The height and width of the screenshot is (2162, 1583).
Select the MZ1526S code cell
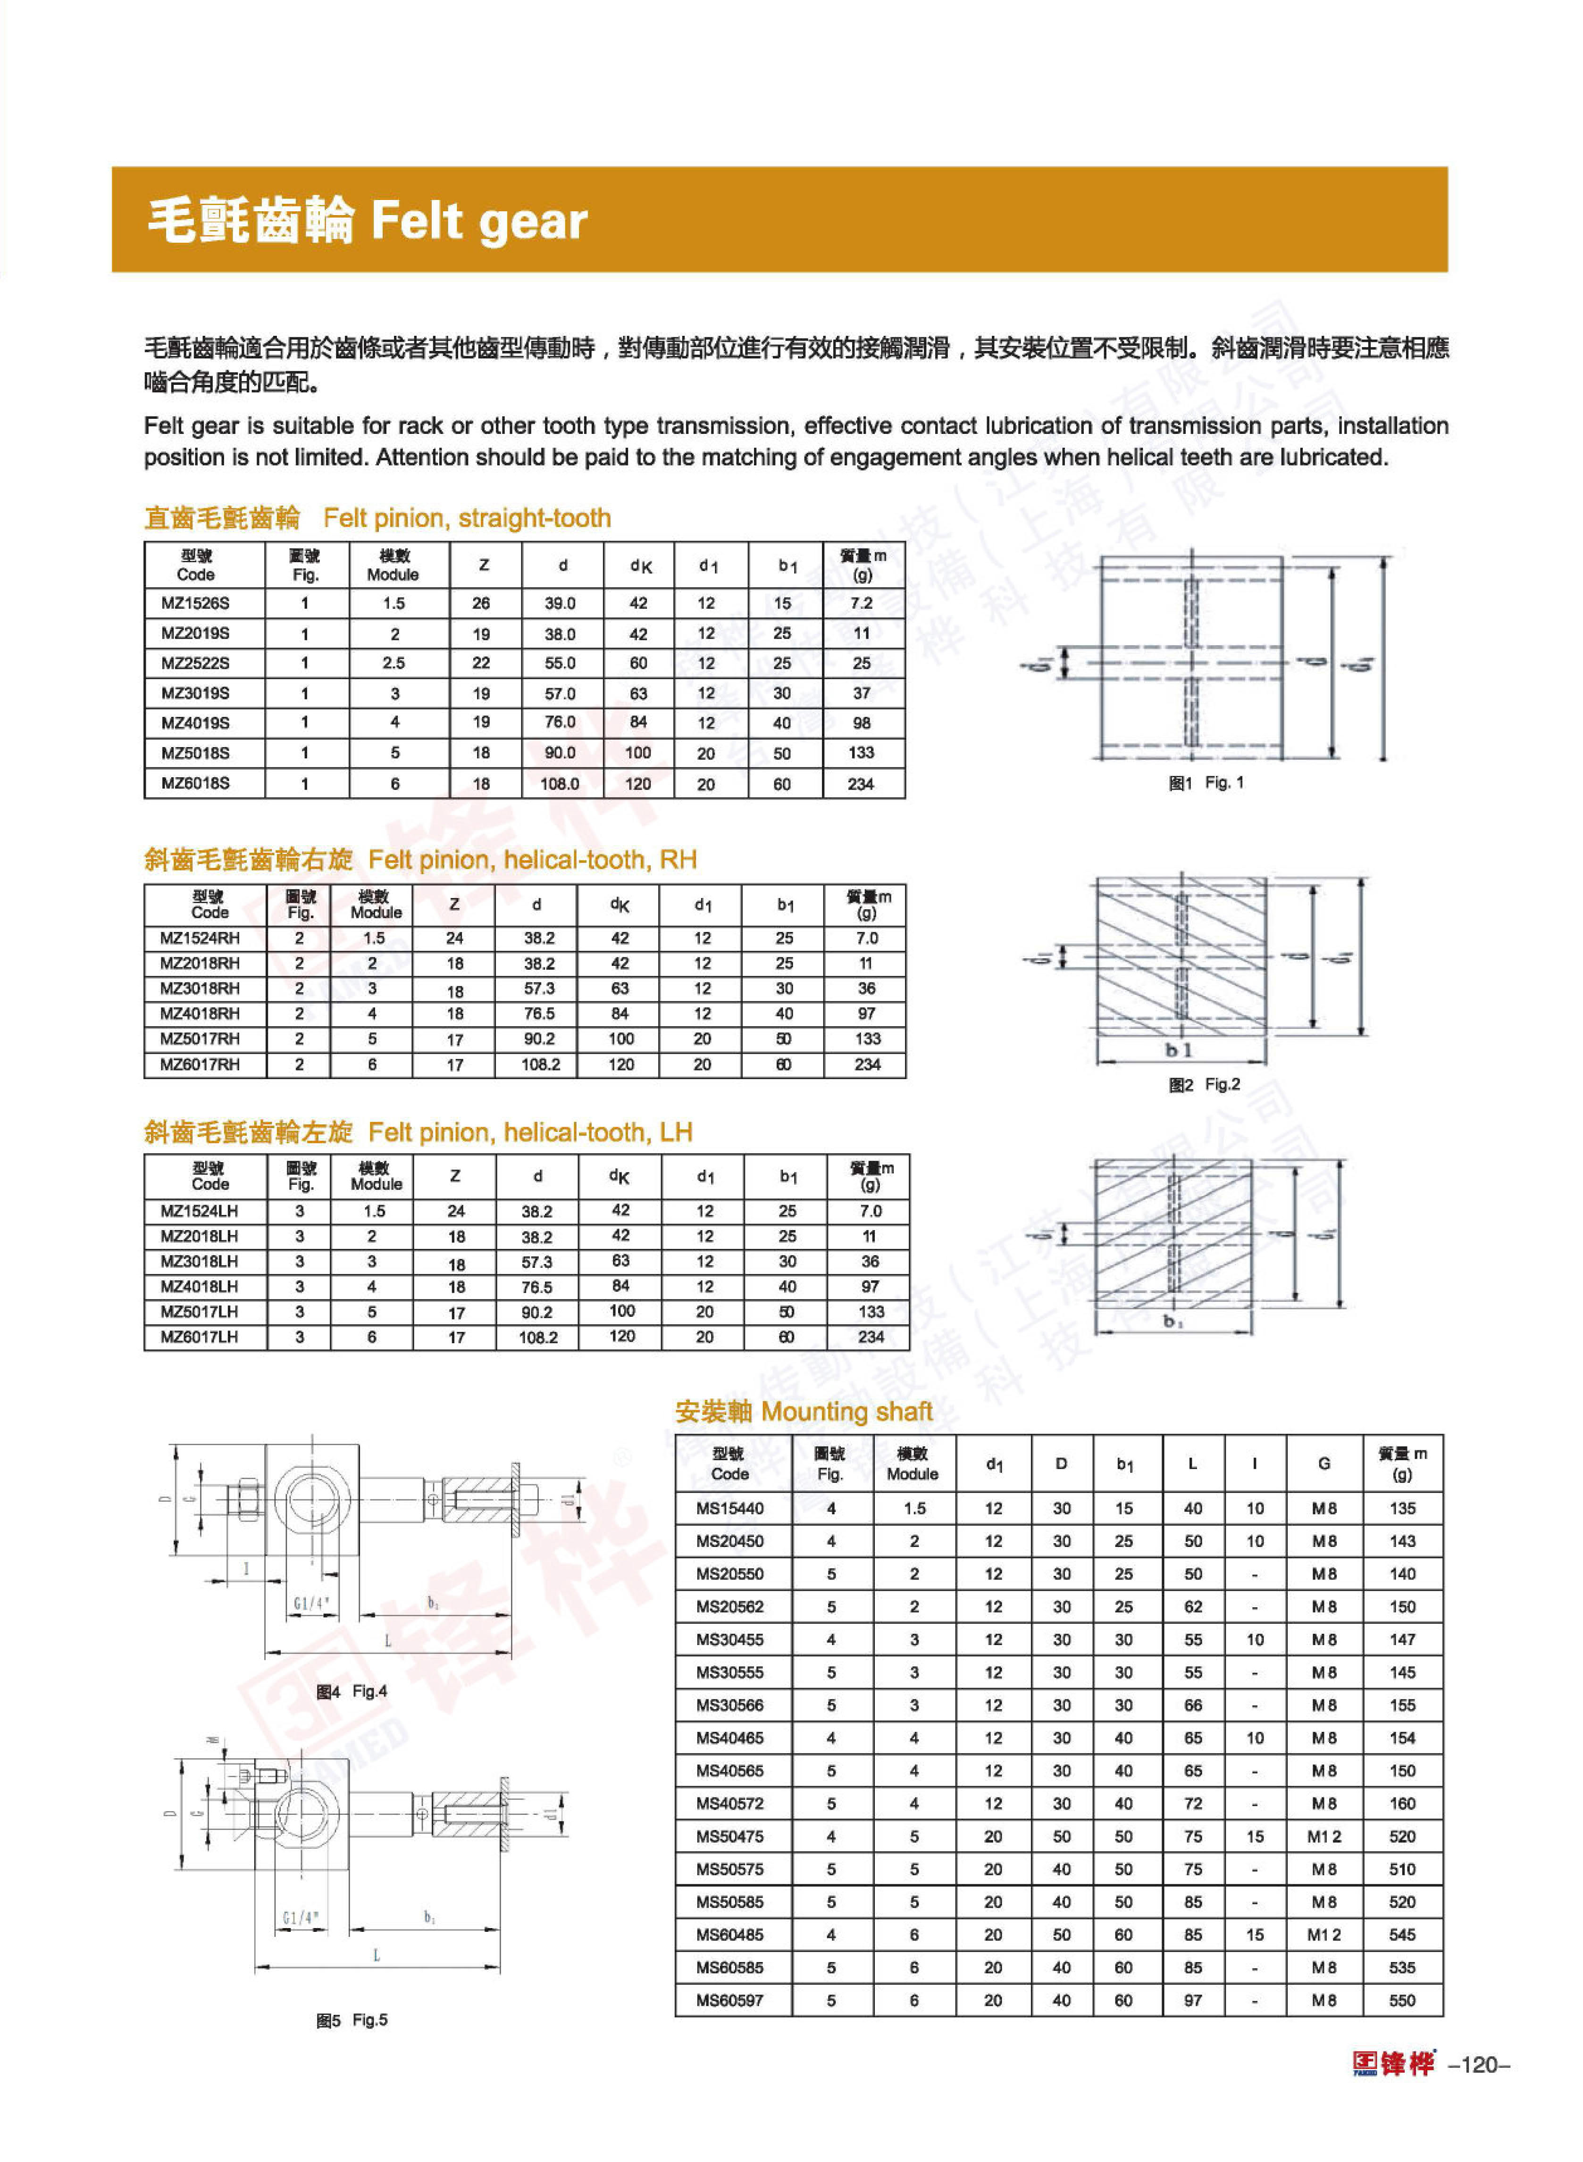[x=195, y=604]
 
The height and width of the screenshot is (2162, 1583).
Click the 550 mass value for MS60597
[x=1402, y=2000]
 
